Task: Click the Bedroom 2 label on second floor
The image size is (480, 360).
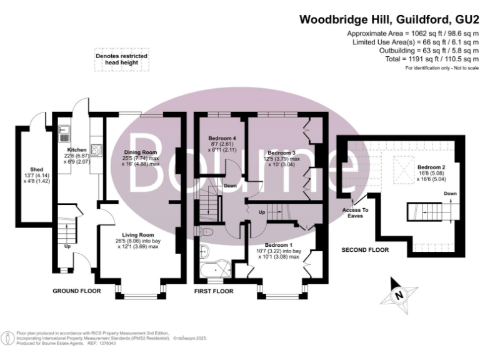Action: [x=431, y=167]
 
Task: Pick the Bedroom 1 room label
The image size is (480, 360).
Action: [x=279, y=244]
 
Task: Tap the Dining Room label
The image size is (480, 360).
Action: [x=140, y=152]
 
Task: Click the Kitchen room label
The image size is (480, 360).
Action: [x=77, y=151]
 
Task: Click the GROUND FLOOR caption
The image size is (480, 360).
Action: [x=77, y=291]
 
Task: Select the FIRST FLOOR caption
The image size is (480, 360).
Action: [x=214, y=291]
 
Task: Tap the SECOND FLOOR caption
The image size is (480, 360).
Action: [x=365, y=250]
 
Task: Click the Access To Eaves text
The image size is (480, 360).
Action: [x=357, y=213]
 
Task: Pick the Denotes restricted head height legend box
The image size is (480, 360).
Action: [x=121, y=60]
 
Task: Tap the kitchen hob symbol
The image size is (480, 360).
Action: [x=97, y=149]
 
